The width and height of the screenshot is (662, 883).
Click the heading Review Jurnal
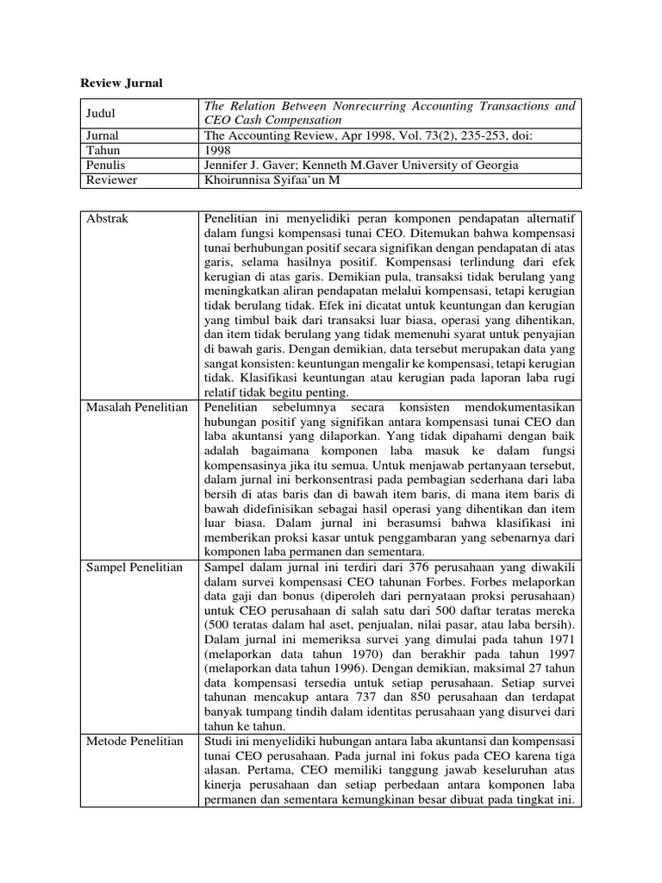pyautogui.click(x=122, y=83)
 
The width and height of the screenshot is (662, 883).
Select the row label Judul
pyautogui.click(x=102, y=113)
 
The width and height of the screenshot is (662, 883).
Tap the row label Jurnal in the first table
pyautogui.click(x=103, y=135)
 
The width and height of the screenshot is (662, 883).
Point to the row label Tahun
pyautogui.click(x=103, y=150)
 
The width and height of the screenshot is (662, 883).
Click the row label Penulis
pyautogui.click(x=107, y=166)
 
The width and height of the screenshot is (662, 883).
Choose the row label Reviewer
pyautogui.click(x=112, y=180)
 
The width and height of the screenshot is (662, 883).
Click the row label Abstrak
pyautogui.click(x=108, y=219)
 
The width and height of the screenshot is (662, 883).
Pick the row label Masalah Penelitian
pyautogui.click(x=137, y=406)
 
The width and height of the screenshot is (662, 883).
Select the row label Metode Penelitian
pyautogui.click(x=134, y=741)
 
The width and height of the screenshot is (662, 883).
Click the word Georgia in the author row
pyautogui.click(x=497, y=166)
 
